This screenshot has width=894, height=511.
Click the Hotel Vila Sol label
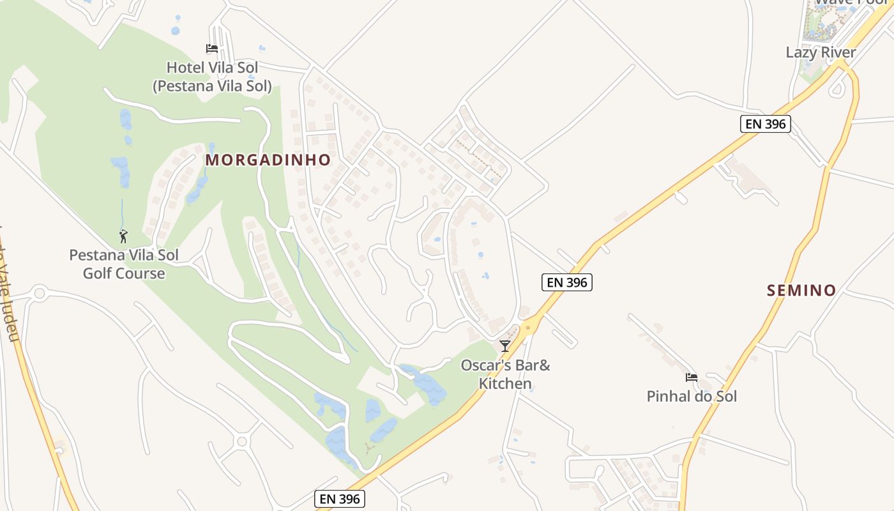(x=211, y=68)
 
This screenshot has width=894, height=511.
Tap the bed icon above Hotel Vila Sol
(x=212, y=49)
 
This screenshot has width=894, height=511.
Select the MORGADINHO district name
(x=268, y=160)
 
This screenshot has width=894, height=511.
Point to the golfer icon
(x=123, y=236)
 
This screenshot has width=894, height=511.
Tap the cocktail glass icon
(x=505, y=346)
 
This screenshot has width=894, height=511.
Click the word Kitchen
(x=505, y=384)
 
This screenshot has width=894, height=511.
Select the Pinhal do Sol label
(x=692, y=397)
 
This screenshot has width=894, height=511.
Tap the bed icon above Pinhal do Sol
(x=691, y=378)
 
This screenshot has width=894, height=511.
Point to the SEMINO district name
(x=801, y=291)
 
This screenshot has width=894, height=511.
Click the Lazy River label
(x=821, y=52)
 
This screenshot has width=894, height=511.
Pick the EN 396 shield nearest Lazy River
(x=766, y=124)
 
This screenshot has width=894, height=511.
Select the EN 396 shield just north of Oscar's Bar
(x=567, y=282)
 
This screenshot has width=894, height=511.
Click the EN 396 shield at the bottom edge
(x=340, y=499)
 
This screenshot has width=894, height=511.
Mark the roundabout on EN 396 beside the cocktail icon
(x=527, y=328)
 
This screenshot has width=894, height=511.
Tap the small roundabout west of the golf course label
(x=40, y=294)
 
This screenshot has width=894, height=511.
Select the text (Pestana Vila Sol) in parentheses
(x=212, y=86)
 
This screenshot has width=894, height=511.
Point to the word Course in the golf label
(x=144, y=274)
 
